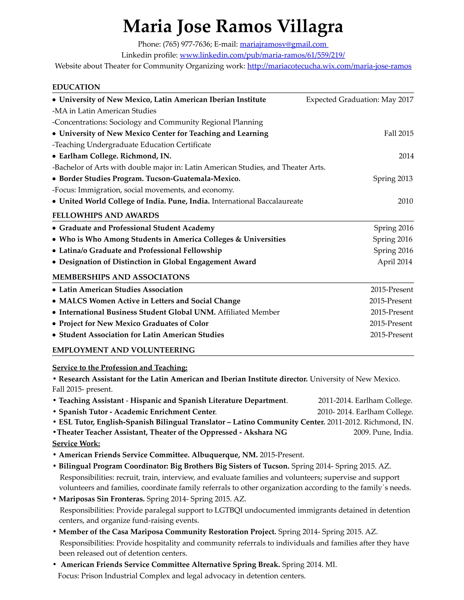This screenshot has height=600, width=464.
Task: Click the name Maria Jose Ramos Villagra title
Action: click(x=232, y=27)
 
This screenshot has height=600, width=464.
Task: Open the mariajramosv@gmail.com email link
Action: click(x=283, y=44)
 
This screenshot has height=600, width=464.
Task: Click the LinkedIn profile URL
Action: click(x=262, y=55)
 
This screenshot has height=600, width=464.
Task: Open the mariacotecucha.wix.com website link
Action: click(x=329, y=66)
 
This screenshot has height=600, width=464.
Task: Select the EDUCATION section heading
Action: click(x=76, y=87)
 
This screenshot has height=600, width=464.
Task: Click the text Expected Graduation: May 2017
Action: click(x=360, y=100)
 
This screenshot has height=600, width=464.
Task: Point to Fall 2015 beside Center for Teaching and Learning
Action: click(x=398, y=134)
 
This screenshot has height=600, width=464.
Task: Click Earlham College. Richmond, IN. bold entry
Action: click(x=115, y=156)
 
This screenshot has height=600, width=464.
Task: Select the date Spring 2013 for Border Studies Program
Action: click(x=393, y=179)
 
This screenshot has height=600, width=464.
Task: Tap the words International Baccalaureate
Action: click(x=257, y=201)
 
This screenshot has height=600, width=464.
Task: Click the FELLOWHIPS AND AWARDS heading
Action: click(x=106, y=215)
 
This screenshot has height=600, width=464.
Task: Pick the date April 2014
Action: click(x=395, y=262)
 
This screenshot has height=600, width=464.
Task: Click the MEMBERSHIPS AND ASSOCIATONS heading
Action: click(x=121, y=277)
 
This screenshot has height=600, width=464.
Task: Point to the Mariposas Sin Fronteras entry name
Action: click(x=102, y=499)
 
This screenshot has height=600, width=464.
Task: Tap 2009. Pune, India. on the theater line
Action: click(x=383, y=432)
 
